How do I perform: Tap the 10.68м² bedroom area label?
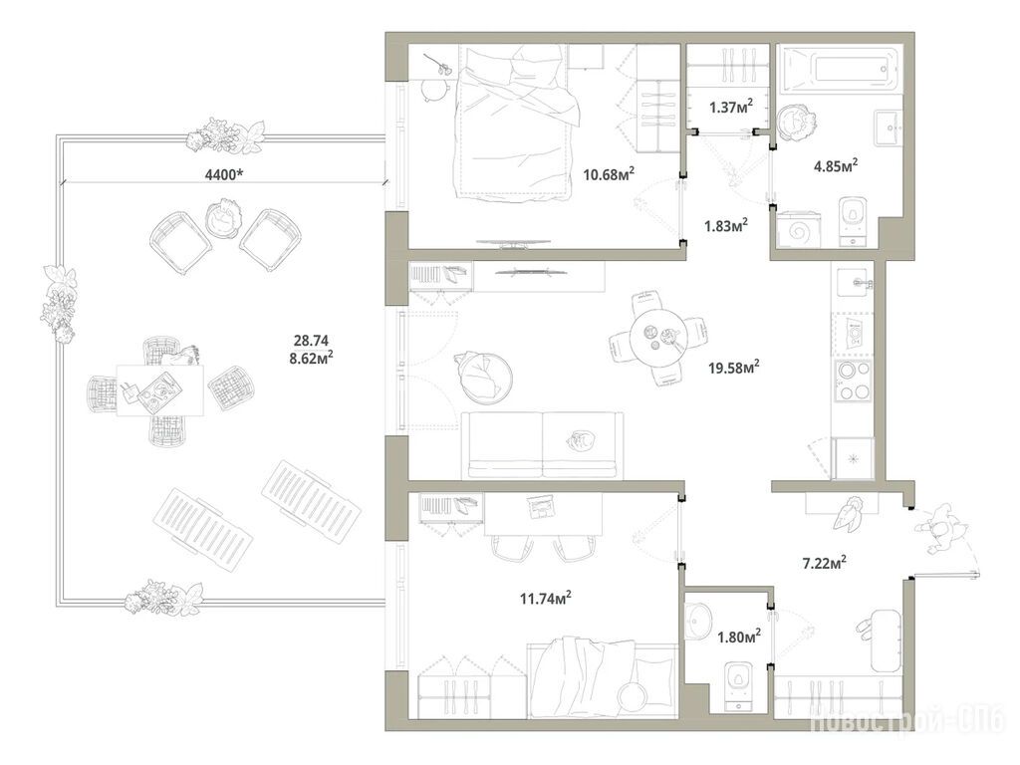point(609,173)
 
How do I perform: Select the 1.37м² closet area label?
point(731,107)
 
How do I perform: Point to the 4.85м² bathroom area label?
point(836,165)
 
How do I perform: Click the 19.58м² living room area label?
point(734,368)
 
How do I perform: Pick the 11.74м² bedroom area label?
point(545,598)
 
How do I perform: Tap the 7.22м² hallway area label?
point(824,562)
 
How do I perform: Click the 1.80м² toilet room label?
point(739,637)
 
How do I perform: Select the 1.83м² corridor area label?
point(725,226)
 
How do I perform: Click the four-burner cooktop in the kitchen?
point(854,381)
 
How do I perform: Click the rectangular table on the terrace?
point(160,389)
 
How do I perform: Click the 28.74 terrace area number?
point(312,341)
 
